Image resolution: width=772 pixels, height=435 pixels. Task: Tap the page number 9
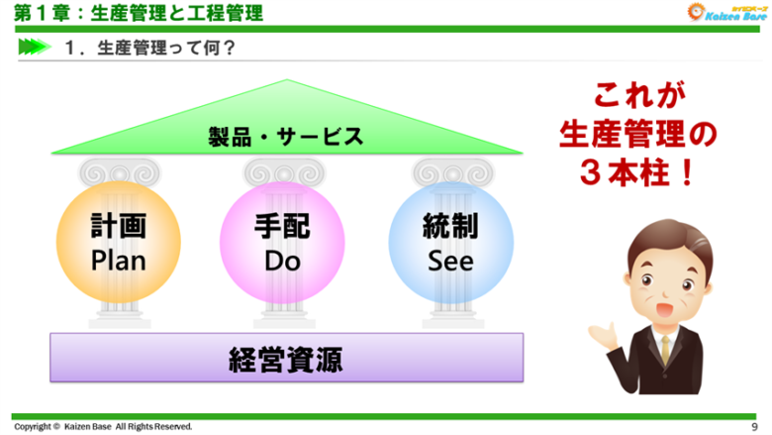(755, 426)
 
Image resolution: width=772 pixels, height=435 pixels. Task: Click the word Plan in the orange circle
(118, 261)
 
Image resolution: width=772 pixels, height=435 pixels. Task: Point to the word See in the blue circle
(450, 261)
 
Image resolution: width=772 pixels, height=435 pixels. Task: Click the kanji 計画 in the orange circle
(118, 228)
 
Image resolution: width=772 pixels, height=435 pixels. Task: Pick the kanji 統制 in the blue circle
(450, 228)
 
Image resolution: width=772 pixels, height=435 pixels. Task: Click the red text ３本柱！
(638, 166)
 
